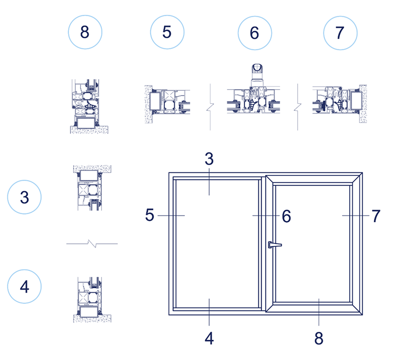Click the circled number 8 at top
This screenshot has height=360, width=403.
point(85,32)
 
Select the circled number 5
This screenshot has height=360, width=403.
point(167,32)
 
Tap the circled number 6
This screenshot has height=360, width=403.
point(255,33)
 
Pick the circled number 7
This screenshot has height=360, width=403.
point(340,33)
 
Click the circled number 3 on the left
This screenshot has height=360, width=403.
point(24,197)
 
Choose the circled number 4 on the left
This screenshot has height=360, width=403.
point(24,286)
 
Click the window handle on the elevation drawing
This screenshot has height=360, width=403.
point(275,245)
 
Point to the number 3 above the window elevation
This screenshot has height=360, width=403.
point(209,159)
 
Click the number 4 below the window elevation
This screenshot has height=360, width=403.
point(209,338)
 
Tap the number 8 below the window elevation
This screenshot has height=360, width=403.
point(319,338)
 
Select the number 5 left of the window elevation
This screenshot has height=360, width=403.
point(149,215)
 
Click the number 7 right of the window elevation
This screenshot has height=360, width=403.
point(376,216)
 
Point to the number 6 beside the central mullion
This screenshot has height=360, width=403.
point(286,216)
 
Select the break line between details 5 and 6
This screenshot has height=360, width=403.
point(210,107)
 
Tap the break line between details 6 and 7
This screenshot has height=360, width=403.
point(298,107)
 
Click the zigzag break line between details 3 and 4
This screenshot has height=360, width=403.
point(92,243)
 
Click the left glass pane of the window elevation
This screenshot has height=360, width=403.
point(217,243)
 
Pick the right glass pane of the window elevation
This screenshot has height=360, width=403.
point(312,243)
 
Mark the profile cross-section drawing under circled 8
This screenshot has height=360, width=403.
point(89,106)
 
